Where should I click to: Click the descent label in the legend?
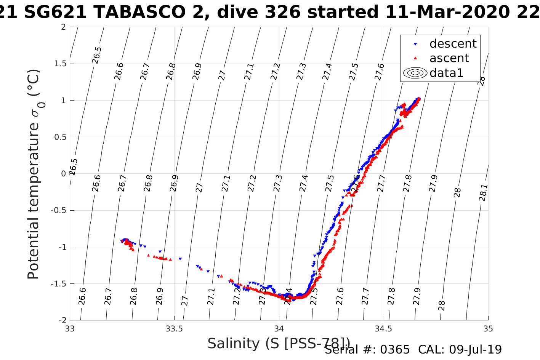pos(453,44)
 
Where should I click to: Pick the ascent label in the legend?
pos(449,58)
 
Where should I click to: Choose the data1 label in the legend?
pos(446,73)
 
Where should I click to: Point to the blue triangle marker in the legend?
pos(415,44)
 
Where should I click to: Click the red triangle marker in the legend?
pos(415,58)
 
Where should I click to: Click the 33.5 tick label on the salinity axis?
pos(174,329)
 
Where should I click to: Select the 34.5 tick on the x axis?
pos(383,329)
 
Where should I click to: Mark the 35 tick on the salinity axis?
pos(488,329)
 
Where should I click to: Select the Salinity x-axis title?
pos(278,343)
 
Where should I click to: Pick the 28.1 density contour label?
pos(483,193)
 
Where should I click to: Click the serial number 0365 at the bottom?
pos(396,350)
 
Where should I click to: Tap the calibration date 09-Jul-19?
pos(475,350)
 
